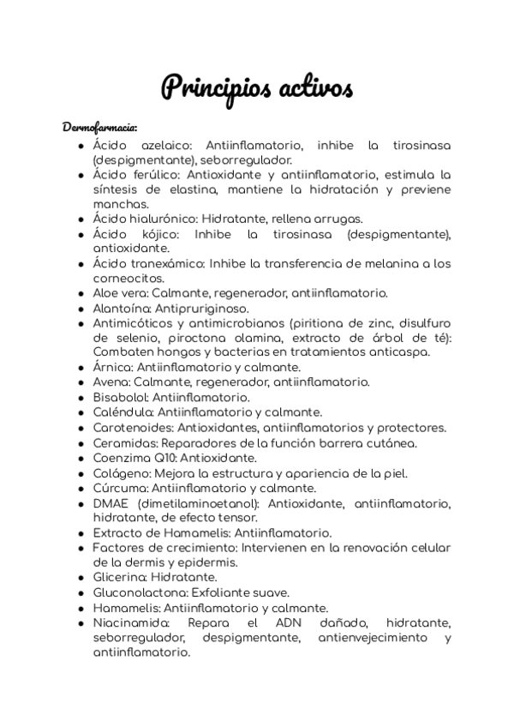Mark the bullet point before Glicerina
pos(81,578)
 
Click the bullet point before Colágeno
pos(81,473)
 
